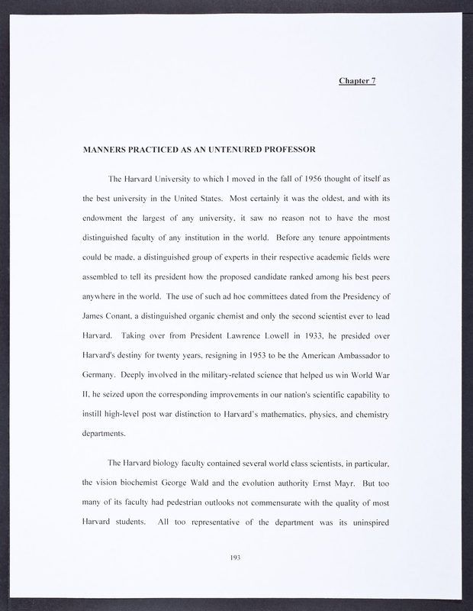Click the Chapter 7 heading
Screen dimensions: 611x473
click(x=357, y=80)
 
